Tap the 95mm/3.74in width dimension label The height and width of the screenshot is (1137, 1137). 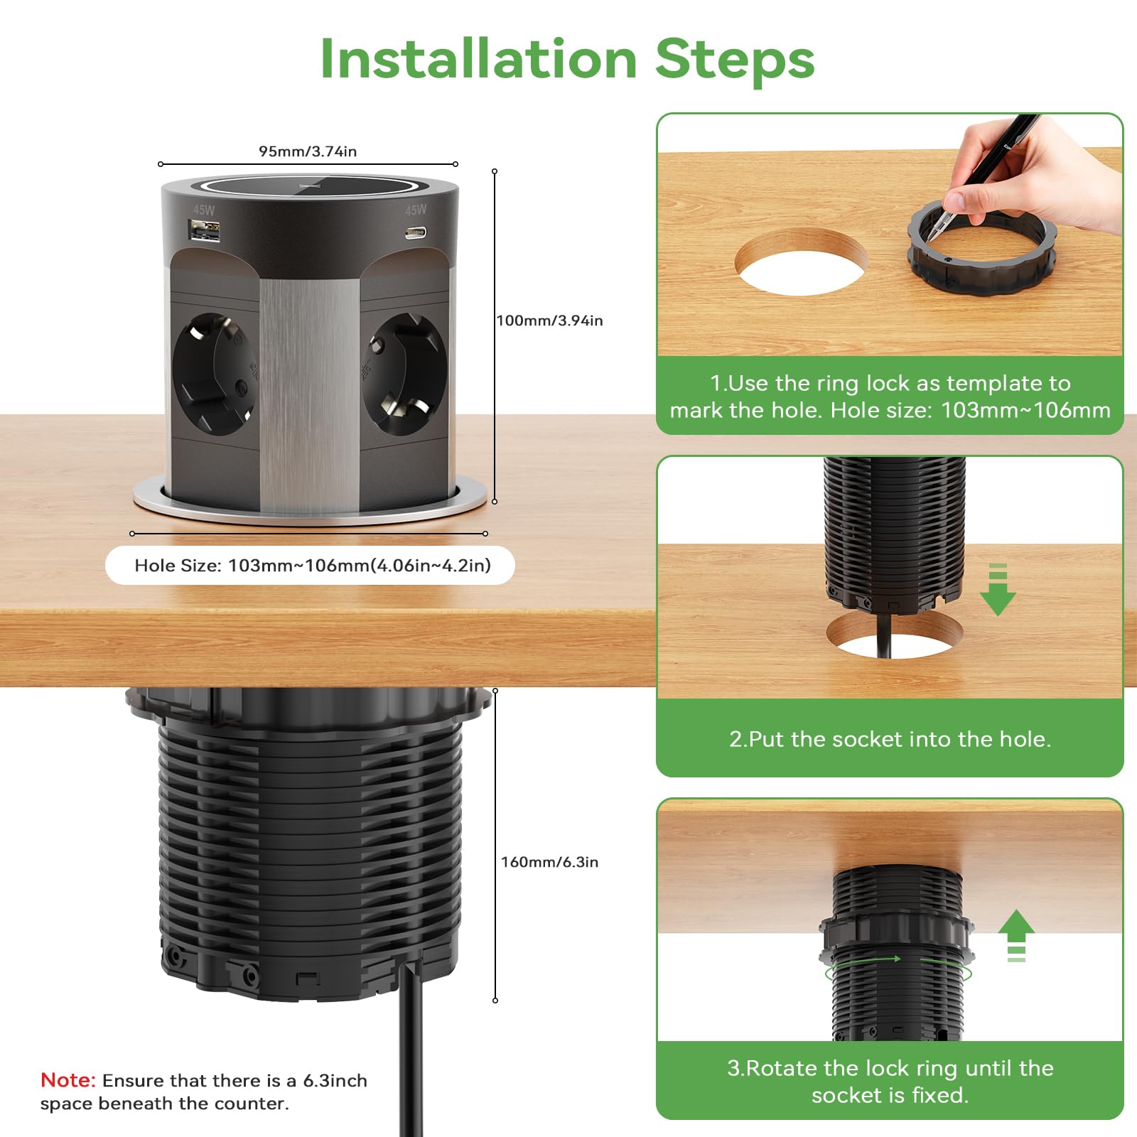click(308, 151)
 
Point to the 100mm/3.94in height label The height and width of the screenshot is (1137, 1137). click(550, 320)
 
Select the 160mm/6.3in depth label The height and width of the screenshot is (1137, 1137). click(550, 862)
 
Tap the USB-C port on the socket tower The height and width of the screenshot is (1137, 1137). click(415, 232)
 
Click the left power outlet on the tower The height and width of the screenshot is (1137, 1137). click(214, 374)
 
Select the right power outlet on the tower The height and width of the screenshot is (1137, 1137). click(404, 374)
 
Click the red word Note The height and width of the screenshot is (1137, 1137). click(68, 1080)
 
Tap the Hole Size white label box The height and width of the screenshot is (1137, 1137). click(310, 566)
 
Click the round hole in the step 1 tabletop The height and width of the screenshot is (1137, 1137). click(802, 262)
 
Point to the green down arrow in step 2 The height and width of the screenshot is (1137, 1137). click(998, 589)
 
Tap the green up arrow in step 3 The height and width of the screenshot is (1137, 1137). click(1016, 935)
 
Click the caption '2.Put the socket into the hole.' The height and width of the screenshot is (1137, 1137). click(890, 739)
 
